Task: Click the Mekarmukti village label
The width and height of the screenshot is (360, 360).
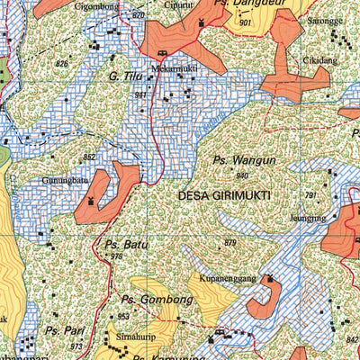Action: point(174,66)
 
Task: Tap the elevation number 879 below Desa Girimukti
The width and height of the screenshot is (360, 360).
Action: point(229,244)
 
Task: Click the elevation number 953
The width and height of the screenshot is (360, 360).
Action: point(123,317)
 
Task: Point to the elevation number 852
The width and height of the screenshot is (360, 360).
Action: point(88,157)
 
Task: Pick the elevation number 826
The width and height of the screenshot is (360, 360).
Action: point(61,64)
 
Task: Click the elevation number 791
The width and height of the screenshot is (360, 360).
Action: point(310,195)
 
